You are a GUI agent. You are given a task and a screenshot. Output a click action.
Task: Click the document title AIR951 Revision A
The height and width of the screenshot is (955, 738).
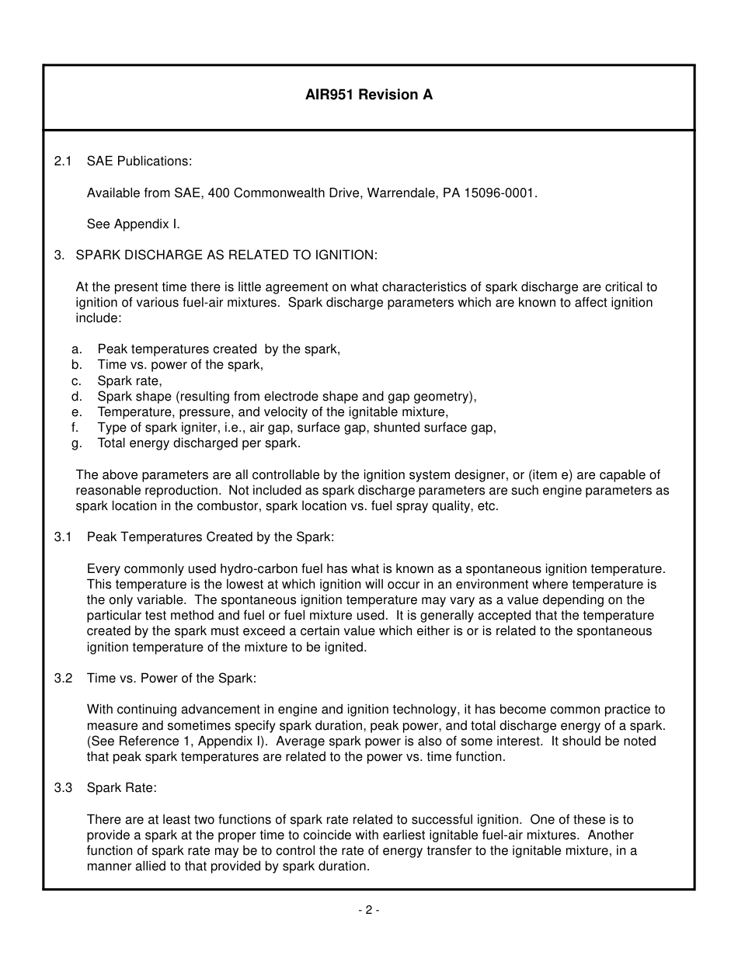[x=368, y=95]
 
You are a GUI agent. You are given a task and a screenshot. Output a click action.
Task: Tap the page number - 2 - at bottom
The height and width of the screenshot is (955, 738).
[x=368, y=911]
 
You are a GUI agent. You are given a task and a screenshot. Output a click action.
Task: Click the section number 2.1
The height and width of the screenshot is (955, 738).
[x=63, y=161]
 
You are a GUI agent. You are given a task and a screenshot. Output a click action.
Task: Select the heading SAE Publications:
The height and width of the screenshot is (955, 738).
[x=139, y=161]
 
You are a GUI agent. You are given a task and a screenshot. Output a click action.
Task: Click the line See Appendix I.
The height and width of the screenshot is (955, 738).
[x=133, y=224]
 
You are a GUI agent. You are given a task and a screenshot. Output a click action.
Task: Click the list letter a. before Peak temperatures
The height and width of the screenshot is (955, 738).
[x=77, y=349]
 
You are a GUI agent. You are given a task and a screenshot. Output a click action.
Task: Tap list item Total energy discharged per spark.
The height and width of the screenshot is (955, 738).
[x=199, y=443]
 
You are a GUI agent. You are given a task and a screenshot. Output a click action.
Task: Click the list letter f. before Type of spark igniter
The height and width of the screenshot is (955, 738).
[x=75, y=428]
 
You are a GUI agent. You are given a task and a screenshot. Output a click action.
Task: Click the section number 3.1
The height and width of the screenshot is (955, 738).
[x=63, y=537]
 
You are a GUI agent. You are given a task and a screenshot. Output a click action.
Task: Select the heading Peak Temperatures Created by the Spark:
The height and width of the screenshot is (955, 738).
[x=211, y=537]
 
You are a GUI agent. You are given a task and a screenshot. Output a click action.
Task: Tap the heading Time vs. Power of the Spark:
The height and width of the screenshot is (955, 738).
[x=171, y=679]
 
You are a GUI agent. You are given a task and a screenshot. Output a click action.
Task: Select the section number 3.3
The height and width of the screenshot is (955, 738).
[x=63, y=788]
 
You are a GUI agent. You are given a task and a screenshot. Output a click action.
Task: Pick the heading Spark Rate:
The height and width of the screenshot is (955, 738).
[x=122, y=788]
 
